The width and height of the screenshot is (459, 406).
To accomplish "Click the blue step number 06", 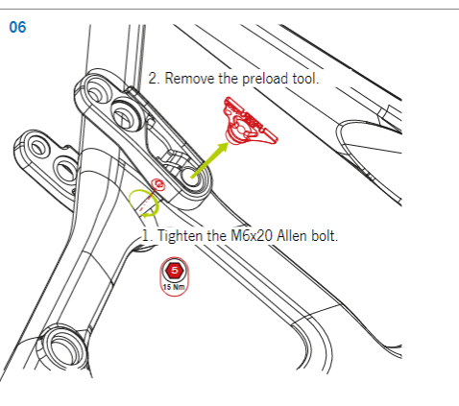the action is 17,27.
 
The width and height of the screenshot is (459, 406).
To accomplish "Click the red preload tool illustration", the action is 250,122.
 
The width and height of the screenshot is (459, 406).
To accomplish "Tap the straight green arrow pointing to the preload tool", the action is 210,160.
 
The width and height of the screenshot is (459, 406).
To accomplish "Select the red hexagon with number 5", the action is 175,271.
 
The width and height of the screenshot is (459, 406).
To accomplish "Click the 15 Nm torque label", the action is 174,287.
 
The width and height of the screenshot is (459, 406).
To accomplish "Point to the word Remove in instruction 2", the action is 189,79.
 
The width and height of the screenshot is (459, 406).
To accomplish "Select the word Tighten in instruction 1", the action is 181,236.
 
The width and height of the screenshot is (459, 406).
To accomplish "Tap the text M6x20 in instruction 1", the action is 252,236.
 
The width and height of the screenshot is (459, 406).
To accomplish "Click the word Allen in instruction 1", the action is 291,236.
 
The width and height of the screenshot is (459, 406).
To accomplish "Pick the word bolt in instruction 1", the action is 324,236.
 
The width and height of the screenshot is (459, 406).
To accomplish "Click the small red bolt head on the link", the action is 158,184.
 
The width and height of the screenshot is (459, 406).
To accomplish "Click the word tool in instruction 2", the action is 305,79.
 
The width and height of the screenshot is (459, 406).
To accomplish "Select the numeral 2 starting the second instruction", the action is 153,79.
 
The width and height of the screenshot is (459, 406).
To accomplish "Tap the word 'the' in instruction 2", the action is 229,79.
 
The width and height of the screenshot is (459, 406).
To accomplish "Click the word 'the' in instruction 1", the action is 217,236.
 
